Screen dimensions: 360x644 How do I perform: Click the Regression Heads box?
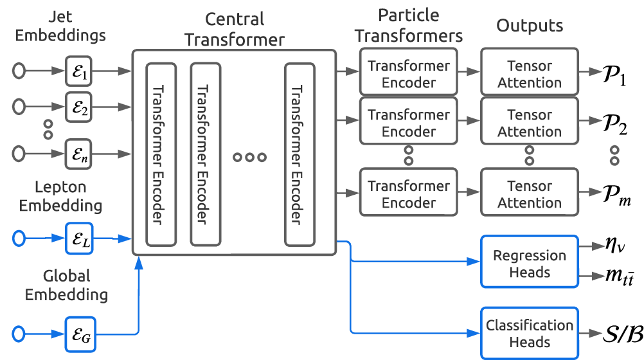[x=530, y=264]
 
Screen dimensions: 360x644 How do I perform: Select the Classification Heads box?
[x=530, y=334]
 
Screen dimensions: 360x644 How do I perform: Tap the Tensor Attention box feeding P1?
[x=530, y=74]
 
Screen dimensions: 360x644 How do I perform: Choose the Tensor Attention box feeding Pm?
[x=530, y=194]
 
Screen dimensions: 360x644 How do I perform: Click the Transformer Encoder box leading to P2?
[x=409, y=123]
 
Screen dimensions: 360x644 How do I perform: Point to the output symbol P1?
[x=614, y=73]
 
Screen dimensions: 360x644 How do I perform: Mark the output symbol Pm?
[x=614, y=194]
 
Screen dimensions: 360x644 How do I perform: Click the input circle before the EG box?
[x=19, y=333]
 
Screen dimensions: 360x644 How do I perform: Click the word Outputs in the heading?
[x=530, y=26]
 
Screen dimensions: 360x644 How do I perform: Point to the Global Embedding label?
[x=67, y=285]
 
